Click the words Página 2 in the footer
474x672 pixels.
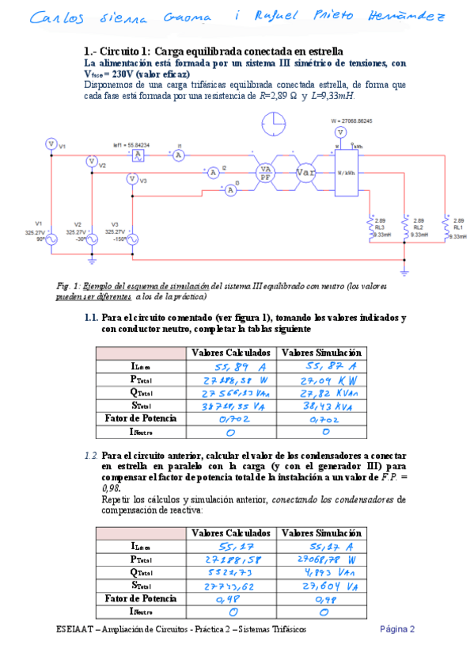pyautogui.click(x=397, y=629)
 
